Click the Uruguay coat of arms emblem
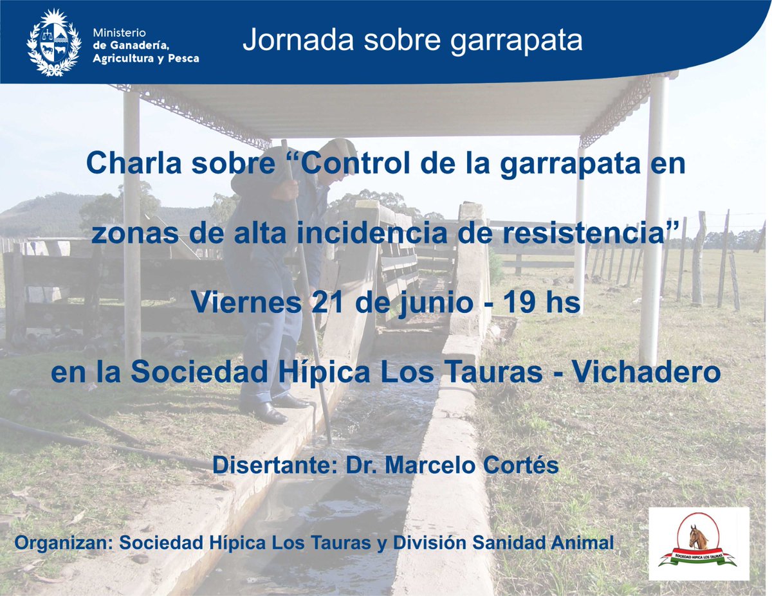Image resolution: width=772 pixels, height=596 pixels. click(x=54, y=42)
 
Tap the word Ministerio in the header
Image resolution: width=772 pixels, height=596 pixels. click(x=120, y=32)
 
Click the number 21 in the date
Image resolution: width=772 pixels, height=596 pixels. click(x=327, y=303)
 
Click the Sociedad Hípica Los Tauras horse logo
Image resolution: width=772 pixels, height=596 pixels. click(x=699, y=544)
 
